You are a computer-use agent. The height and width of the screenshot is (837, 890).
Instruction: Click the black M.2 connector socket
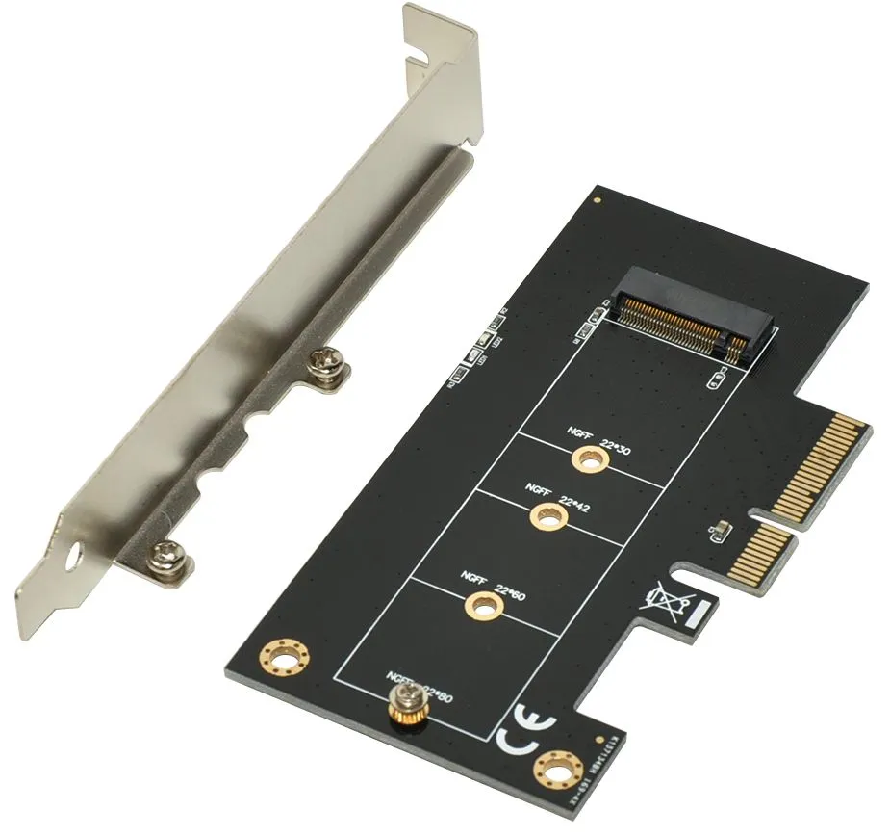[x=698, y=317]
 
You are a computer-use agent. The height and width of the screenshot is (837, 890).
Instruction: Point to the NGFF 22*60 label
[x=494, y=583]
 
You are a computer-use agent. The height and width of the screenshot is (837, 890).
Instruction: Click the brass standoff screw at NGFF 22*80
[x=405, y=710]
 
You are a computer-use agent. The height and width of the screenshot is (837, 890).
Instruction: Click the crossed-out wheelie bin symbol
[x=669, y=601]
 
